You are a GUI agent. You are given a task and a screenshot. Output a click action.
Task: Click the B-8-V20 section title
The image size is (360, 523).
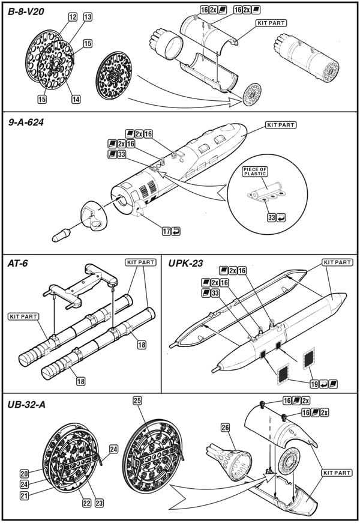pyautogui.click(x=26, y=12)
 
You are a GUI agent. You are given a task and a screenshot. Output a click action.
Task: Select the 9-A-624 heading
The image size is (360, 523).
pyautogui.click(x=26, y=122)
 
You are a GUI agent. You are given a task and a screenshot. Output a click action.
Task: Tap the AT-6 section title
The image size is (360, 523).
pyautogui.click(x=17, y=264)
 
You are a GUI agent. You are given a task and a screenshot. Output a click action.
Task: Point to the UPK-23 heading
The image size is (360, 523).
pyautogui.click(x=185, y=264)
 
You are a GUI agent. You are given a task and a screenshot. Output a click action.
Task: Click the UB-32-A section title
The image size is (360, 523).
pyautogui.click(x=26, y=405)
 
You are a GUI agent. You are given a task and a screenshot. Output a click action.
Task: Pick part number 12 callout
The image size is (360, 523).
pyautogui.click(x=73, y=17)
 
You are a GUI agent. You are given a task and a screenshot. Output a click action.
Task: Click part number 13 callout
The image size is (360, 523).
pyautogui.click(x=88, y=17)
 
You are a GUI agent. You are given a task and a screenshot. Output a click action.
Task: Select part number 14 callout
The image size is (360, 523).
pyautogui.click(x=76, y=99)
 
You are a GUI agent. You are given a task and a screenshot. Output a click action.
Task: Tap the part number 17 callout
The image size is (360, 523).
pyautogui.click(x=166, y=231)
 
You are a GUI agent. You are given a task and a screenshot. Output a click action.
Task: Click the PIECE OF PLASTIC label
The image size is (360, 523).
pyautogui.click(x=255, y=172)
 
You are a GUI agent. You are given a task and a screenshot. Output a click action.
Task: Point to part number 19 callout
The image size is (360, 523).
pyautogui.click(x=314, y=384)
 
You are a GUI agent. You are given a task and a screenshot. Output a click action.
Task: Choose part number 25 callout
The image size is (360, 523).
pyautogui.click(x=137, y=401)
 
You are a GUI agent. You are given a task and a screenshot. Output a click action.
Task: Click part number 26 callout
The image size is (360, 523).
pyautogui.click(x=226, y=428)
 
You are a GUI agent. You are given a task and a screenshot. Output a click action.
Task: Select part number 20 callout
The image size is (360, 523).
pyautogui.click(x=25, y=474)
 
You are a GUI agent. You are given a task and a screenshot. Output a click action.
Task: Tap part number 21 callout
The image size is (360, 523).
pyautogui.click(x=25, y=495)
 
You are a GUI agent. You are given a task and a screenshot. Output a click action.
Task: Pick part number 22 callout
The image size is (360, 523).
pyautogui.click(x=86, y=503)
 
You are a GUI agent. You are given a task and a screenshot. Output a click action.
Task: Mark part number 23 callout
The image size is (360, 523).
pyautogui.click(x=99, y=503)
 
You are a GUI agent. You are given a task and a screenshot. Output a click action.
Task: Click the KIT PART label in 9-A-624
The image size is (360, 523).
pyautogui.click(x=281, y=125)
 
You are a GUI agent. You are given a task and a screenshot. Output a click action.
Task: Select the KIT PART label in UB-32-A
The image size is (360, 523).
pyautogui.click(x=337, y=473)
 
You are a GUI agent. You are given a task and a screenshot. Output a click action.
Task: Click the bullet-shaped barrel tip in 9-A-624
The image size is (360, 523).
pyautogui.click(x=61, y=235)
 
